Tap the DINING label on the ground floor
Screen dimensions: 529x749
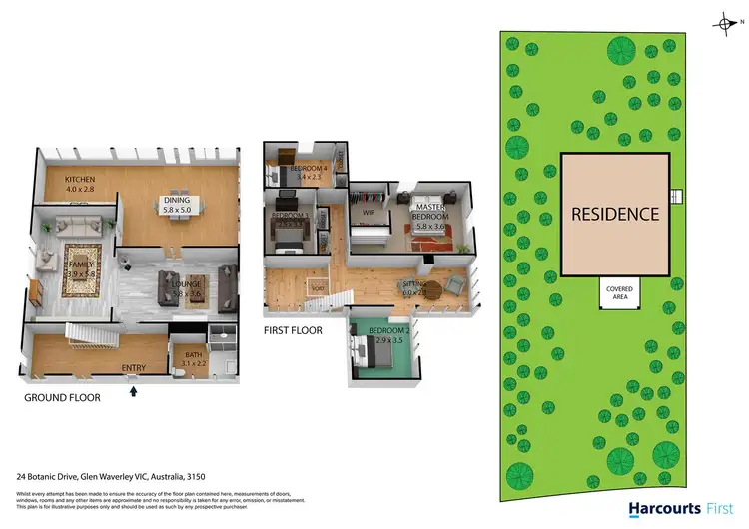[x=184, y=201]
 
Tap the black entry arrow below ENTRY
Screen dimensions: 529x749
[x=134, y=390]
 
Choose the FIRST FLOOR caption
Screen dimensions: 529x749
[x=293, y=330]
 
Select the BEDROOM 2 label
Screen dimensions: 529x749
[x=386, y=332]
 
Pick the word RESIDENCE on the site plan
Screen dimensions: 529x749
[x=615, y=214]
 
